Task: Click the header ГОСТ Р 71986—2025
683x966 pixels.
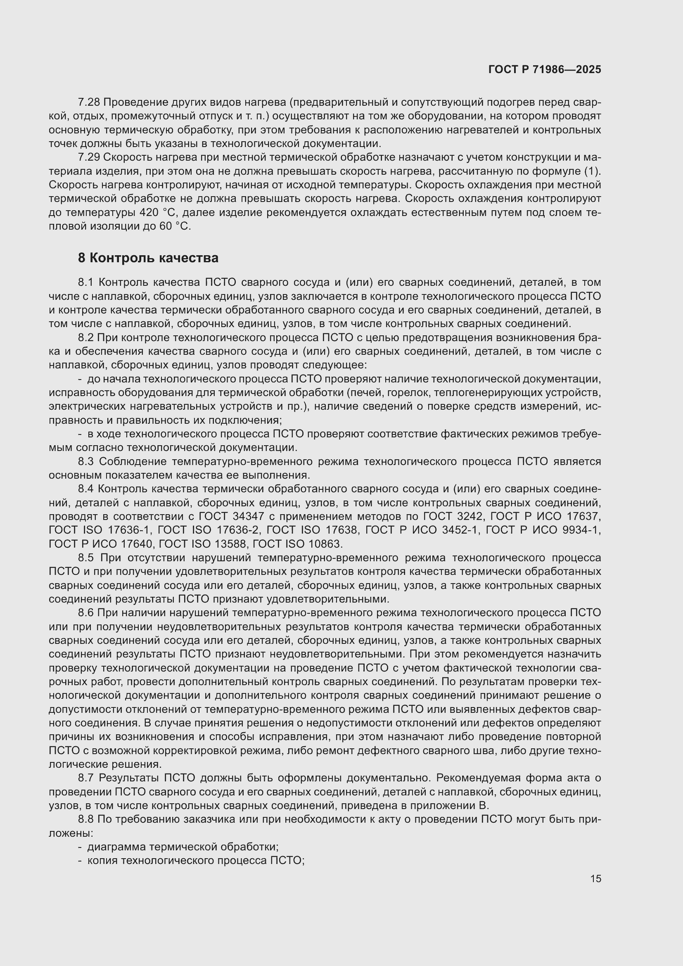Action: click(x=545, y=69)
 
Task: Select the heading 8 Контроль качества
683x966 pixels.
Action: click(x=148, y=258)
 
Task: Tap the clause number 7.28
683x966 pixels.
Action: click(x=89, y=102)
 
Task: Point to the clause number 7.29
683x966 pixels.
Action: click(x=89, y=157)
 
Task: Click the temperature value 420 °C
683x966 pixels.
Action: click(x=157, y=212)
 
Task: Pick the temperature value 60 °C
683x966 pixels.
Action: click(x=175, y=226)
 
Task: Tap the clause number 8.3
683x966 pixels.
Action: click(x=86, y=462)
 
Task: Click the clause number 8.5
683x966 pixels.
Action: click(x=86, y=558)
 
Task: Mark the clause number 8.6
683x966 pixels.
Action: click(x=86, y=612)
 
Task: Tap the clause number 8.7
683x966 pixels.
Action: click(x=86, y=778)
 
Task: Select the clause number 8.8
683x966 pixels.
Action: click(x=86, y=819)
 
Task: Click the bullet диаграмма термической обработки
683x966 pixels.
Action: click(x=183, y=847)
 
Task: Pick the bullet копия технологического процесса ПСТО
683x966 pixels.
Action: click(x=195, y=860)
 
